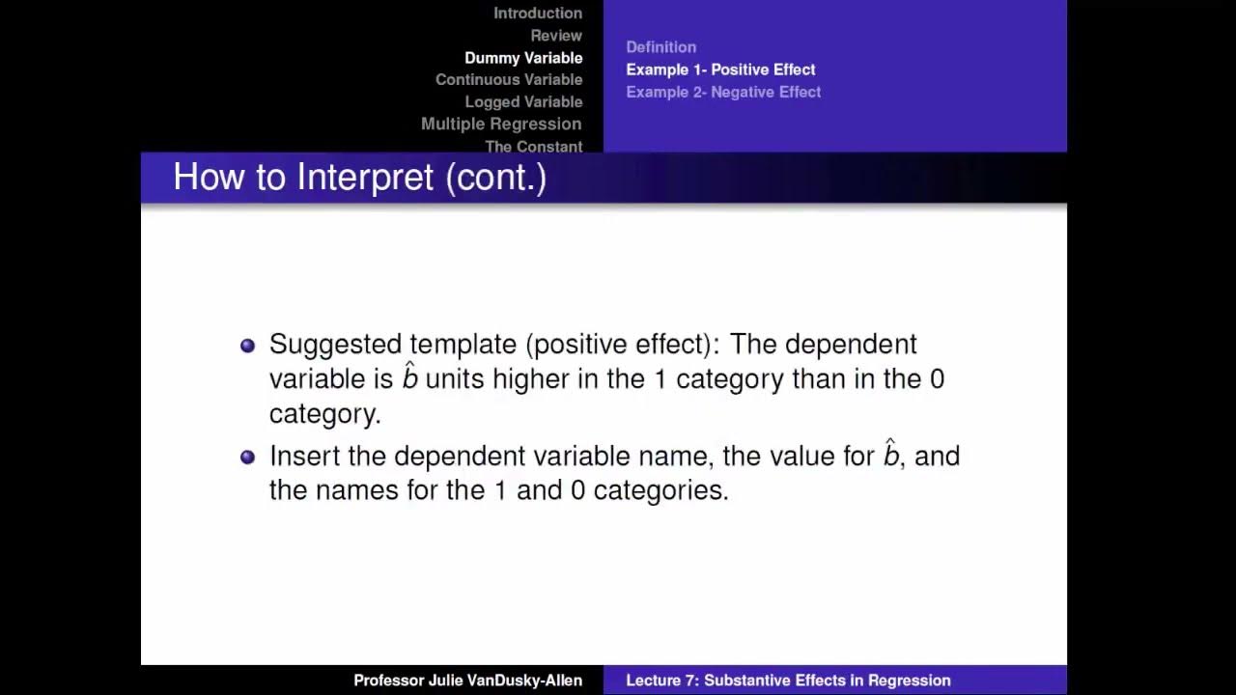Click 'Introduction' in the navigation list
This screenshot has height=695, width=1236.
[x=538, y=14]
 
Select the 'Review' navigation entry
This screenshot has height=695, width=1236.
[x=556, y=36]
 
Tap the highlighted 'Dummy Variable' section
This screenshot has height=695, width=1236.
[x=523, y=58]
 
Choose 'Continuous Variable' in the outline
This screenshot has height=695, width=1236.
[x=509, y=80]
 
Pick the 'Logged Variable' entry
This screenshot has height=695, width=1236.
[x=523, y=102]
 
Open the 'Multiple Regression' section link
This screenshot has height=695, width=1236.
[x=501, y=125]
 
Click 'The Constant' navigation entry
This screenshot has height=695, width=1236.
[x=533, y=147]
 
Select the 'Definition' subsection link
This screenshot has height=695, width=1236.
[x=660, y=47]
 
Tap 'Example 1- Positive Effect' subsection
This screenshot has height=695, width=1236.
[x=720, y=69]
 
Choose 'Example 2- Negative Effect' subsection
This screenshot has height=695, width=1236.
[x=723, y=92]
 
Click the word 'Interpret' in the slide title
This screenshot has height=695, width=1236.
[x=365, y=178]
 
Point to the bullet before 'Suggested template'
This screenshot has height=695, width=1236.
[x=247, y=346]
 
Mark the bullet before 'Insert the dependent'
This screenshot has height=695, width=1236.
[x=247, y=457]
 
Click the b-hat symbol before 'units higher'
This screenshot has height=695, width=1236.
[x=410, y=376]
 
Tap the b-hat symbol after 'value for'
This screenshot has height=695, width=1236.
[x=891, y=454]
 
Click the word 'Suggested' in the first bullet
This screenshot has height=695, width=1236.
[x=335, y=345]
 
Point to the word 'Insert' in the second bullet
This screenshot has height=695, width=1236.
[x=302, y=456]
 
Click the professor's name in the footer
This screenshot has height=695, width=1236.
[x=467, y=681]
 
